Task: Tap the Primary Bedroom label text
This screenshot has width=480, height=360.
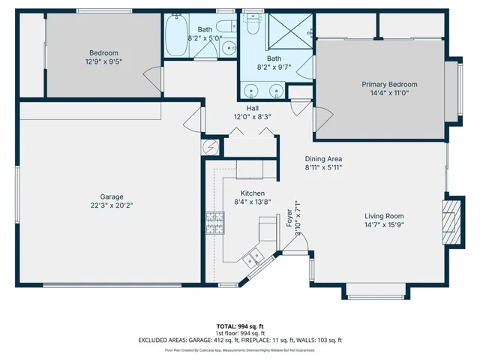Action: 389,84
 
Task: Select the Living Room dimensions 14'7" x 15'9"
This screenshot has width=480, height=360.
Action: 384,224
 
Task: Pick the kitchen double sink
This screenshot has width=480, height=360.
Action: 256,257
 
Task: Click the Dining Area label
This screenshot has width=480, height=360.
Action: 323,159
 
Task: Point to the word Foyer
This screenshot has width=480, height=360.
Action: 289,219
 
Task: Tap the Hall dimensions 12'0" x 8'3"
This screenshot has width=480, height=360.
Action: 253,117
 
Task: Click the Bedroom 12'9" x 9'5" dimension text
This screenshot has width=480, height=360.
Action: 105,62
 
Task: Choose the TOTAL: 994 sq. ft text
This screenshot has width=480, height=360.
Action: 240,326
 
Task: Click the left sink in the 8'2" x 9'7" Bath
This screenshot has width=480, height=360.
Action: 253,92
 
